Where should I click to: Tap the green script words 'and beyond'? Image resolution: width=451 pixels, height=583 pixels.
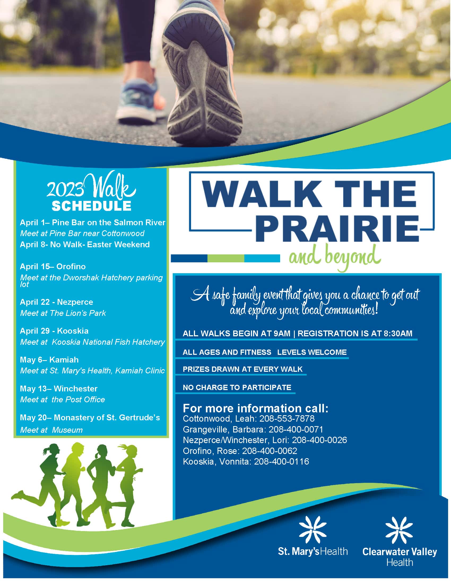(334, 257)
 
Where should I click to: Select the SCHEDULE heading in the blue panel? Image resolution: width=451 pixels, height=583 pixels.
(91, 206)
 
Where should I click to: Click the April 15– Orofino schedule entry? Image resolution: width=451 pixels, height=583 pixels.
(53, 266)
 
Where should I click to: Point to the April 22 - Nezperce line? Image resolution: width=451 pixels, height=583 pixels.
(56, 302)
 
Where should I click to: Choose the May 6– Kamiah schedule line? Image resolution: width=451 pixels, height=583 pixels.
(49, 360)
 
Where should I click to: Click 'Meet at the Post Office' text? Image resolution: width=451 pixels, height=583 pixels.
(63, 399)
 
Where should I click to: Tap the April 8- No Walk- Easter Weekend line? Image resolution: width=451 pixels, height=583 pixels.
(85, 245)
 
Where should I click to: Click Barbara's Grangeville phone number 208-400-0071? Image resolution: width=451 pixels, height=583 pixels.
(296, 429)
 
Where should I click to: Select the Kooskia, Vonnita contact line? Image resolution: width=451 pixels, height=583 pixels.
(246, 461)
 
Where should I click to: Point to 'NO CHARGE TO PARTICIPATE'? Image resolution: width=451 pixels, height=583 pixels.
(237, 387)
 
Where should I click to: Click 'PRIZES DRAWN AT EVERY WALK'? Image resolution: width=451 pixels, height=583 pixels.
(242, 369)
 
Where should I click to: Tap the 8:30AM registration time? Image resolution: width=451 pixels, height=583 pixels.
(398, 333)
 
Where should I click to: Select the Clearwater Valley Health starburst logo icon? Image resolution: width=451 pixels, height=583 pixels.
(399, 530)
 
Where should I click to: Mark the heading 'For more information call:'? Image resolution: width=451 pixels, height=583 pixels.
(255, 408)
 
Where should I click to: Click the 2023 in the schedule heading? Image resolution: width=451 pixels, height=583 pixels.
(65, 190)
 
